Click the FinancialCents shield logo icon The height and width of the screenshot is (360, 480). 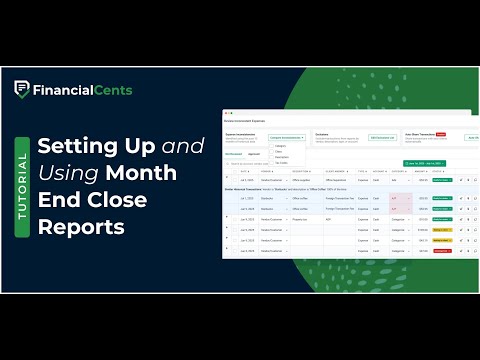pyautogui.click(x=21, y=89)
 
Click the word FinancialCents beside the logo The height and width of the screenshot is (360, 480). pyautogui.click(x=82, y=89)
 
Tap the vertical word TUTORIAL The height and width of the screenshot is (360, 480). pyautogui.click(x=21, y=180)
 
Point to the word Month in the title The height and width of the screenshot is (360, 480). pyautogui.click(x=144, y=173)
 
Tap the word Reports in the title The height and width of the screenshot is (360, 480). pyautogui.click(x=81, y=227)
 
